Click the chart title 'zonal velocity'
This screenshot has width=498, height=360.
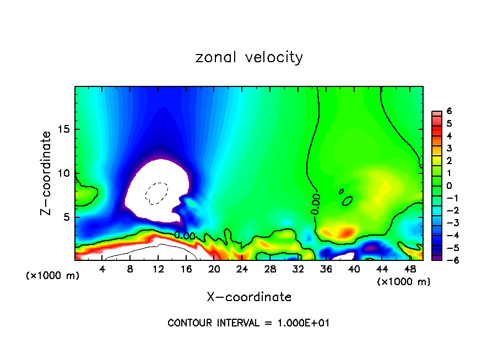coord(249,57)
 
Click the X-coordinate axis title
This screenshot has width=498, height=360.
coord(249,297)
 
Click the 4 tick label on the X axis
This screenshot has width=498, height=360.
coord(102,269)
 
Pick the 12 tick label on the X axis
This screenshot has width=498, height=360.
coord(158,269)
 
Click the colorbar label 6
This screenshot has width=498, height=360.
coord(449,111)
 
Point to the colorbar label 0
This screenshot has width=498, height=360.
coord(449,186)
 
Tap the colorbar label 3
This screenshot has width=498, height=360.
coord(449,148)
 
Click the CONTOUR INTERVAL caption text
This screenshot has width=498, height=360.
coord(248,323)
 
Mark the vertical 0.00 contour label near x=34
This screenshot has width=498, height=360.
coord(316,204)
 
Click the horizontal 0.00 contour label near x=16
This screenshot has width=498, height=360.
coord(185,235)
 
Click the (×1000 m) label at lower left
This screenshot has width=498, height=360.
coord(53,275)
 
